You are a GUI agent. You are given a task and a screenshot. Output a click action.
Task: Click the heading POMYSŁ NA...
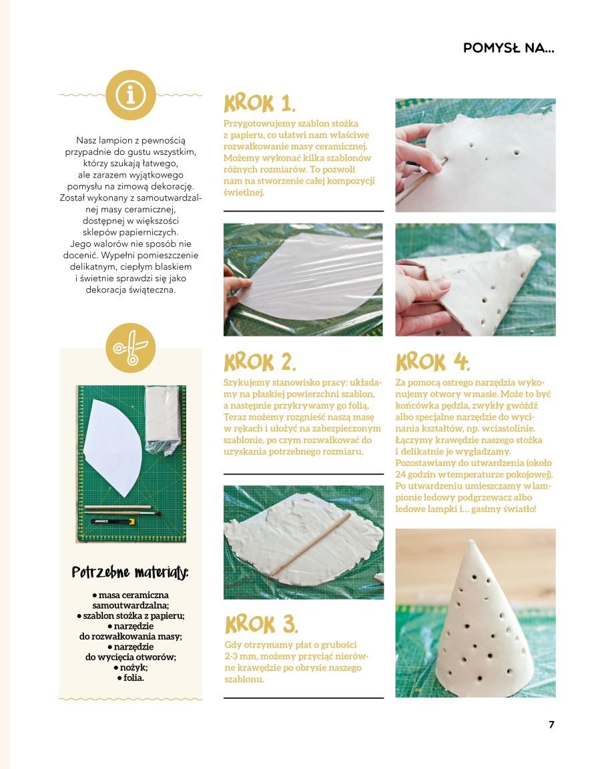point(509,48)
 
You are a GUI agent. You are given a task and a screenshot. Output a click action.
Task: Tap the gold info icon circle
point(130,95)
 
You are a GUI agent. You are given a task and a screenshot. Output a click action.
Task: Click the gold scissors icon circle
point(130,348)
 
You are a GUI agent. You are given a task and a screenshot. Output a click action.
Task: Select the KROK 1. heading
point(260,103)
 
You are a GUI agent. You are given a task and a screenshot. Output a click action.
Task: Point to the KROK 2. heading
point(260,362)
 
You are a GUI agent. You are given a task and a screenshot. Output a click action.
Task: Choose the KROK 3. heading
point(261,624)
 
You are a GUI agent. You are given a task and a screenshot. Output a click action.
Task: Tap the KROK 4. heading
point(432,362)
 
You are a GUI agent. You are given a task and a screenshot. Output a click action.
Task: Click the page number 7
point(551,724)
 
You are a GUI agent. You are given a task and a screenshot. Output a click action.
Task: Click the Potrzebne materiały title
point(130,572)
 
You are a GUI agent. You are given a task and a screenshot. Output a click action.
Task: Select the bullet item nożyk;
point(131,668)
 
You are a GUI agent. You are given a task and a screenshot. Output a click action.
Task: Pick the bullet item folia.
point(131,678)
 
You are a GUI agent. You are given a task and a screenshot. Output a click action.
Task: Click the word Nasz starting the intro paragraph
point(86,141)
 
